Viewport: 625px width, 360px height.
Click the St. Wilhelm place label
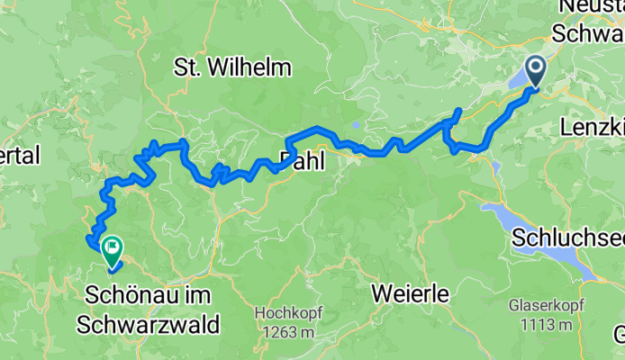click(232, 67)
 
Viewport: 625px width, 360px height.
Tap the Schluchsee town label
click(567, 238)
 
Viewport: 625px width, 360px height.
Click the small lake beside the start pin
click(521, 81)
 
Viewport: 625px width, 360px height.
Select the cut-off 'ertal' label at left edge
click(20, 156)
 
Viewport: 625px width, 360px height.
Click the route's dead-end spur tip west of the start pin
click(458, 111)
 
